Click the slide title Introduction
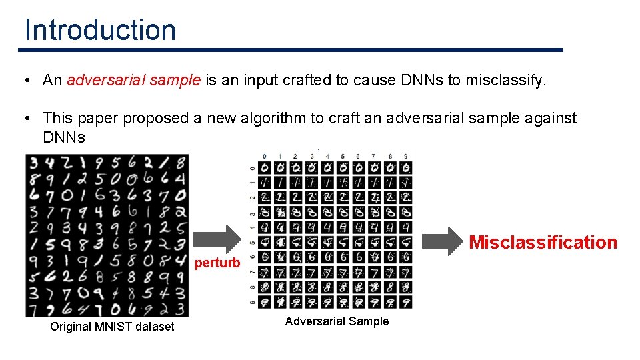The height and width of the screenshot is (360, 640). click(100, 30)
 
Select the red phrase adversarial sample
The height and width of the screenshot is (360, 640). click(133, 81)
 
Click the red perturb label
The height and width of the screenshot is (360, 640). click(217, 263)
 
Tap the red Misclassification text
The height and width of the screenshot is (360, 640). click(543, 242)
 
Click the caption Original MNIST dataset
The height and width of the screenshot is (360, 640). click(112, 327)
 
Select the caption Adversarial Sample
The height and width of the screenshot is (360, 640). click(337, 321)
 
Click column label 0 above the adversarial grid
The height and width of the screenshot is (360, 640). click(265, 156)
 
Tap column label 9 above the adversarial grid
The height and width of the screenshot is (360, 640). click(405, 156)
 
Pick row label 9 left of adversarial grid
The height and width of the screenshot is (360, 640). click(251, 301)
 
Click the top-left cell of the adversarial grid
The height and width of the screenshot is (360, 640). click(265, 167)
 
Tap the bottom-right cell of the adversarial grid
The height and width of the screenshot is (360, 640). click(405, 301)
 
